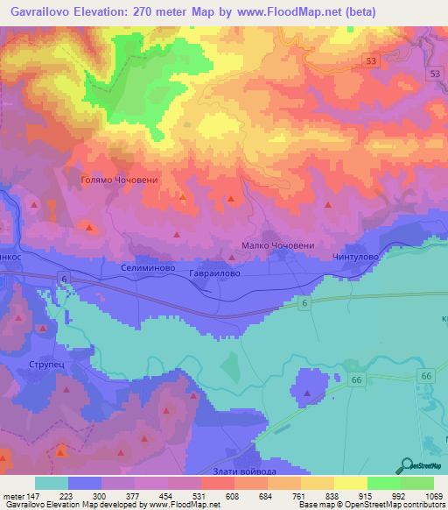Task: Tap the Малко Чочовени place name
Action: [x=276, y=246]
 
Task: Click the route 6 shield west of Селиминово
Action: [x=64, y=278]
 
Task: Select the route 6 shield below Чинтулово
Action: [x=303, y=302]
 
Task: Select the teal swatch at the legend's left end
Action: [x=52, y=483]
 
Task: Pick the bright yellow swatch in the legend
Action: [x=351, y=483]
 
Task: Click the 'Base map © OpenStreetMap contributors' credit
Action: [x=371, y=506]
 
